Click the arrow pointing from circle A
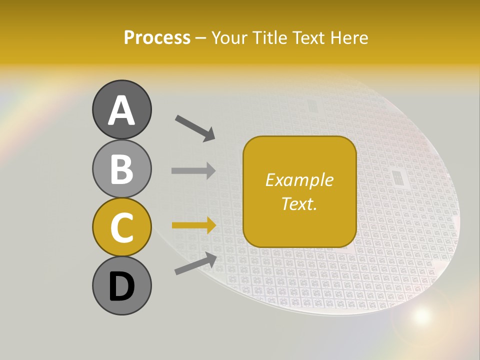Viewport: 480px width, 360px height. tap(195, 127)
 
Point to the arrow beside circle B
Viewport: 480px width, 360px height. tap(193, 170)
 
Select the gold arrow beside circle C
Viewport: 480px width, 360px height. tap(193, 225)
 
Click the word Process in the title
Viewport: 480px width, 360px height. tap(157, 37)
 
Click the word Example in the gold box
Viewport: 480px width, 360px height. tap(299, 180)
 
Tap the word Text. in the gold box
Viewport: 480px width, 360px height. tap(299, 203)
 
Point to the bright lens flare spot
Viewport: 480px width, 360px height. tap(421, 315)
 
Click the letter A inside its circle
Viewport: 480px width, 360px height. tap(121, 110)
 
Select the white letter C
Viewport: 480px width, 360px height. tap(121, 228)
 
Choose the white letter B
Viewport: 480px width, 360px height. tap(121, 169)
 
